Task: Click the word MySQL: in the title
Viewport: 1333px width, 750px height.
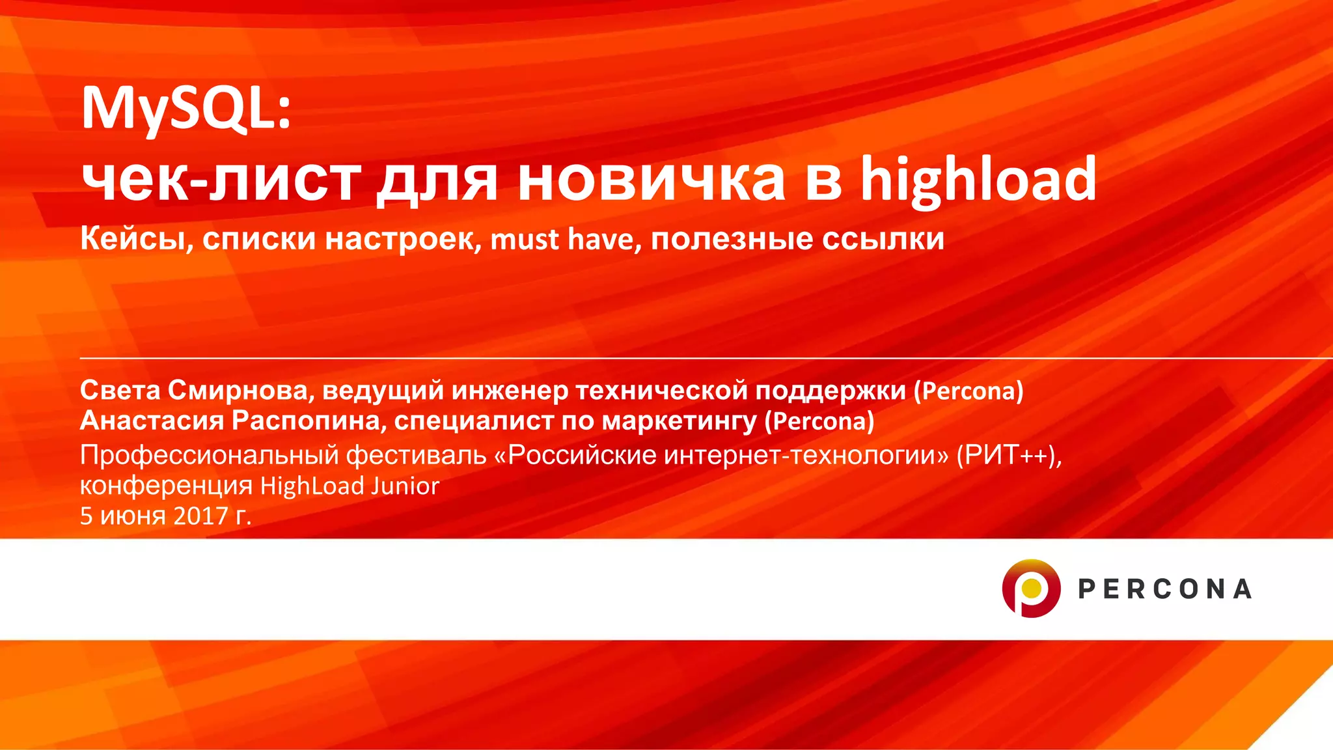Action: tap(186, 109)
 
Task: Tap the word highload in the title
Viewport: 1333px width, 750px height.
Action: tap(978, 180)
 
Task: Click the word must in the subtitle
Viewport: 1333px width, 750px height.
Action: tap(525, 239)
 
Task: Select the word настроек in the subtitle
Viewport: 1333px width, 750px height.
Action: tap(404, 239)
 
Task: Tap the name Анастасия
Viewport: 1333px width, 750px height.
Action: tap(152, 421)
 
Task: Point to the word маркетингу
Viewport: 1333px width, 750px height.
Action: tap(679, 422)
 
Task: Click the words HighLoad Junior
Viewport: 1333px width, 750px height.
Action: tap(350, 486)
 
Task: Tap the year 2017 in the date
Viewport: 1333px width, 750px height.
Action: tap(200, 516)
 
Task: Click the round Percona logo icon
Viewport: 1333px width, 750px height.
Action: tap(1031, 589)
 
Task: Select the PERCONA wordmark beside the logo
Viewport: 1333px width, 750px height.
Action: tap(1164, 589)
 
